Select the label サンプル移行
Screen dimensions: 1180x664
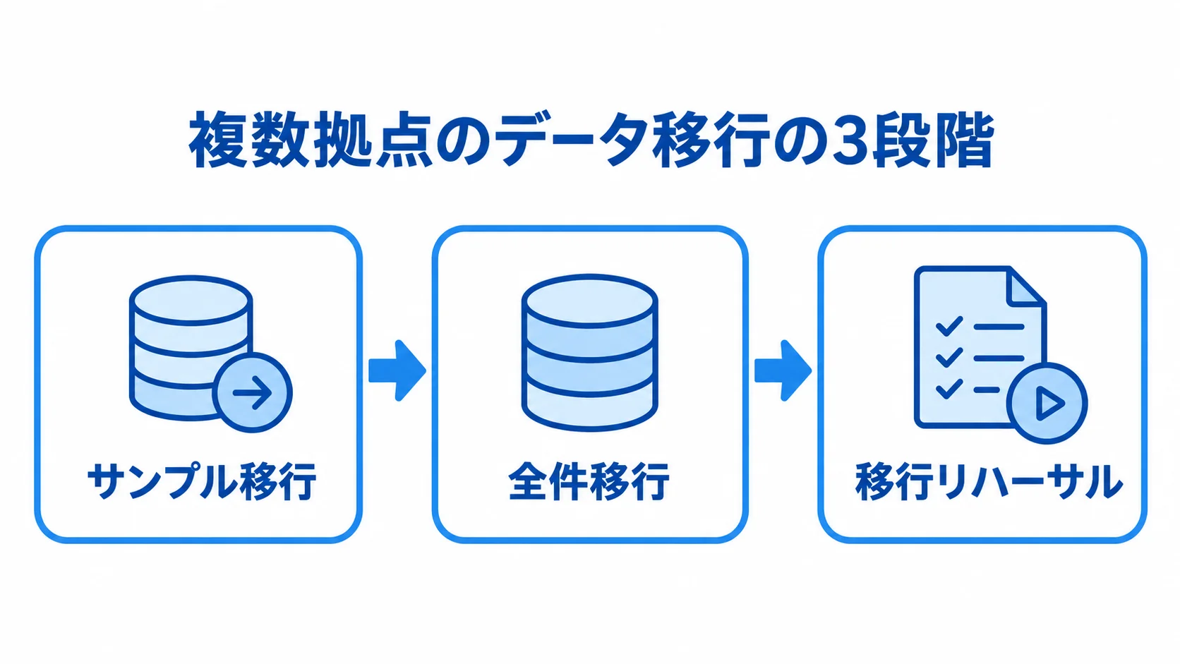[x=202, y=481]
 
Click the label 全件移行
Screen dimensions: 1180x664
[x=589, y=481]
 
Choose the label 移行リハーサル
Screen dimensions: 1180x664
[x=989, y=481]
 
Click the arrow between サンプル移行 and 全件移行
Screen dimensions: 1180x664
[x=397, y=370]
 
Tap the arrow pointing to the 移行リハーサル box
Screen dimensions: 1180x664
[x=783, y=370]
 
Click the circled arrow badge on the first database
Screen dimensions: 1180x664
[x=253, y=392]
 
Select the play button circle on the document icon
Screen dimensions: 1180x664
[x=1047, y=403]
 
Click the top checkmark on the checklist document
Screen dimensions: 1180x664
[x=949, y=326]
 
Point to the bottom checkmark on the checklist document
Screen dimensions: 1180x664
[x=949, y=389]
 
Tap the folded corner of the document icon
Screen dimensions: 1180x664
[x=1025, y=286]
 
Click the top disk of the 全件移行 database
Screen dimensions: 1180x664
[x=589, y=301]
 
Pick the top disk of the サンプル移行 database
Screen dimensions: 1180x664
[x=191, y=300]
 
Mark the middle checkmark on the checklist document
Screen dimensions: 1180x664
[x=949, y=358]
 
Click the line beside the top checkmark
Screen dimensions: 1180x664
[x=999, y=327]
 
